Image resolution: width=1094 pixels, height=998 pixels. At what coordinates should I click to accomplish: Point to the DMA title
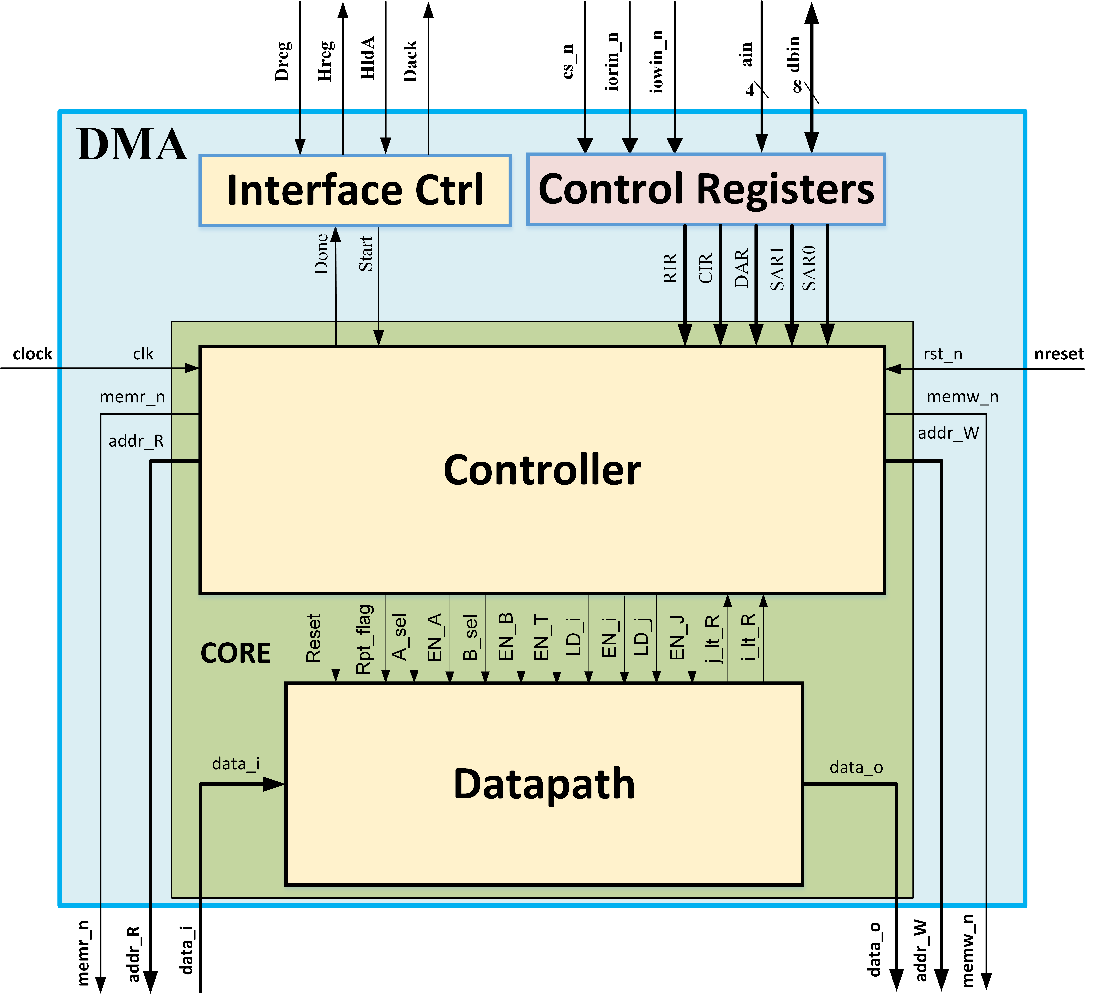(x=132, y=144)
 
